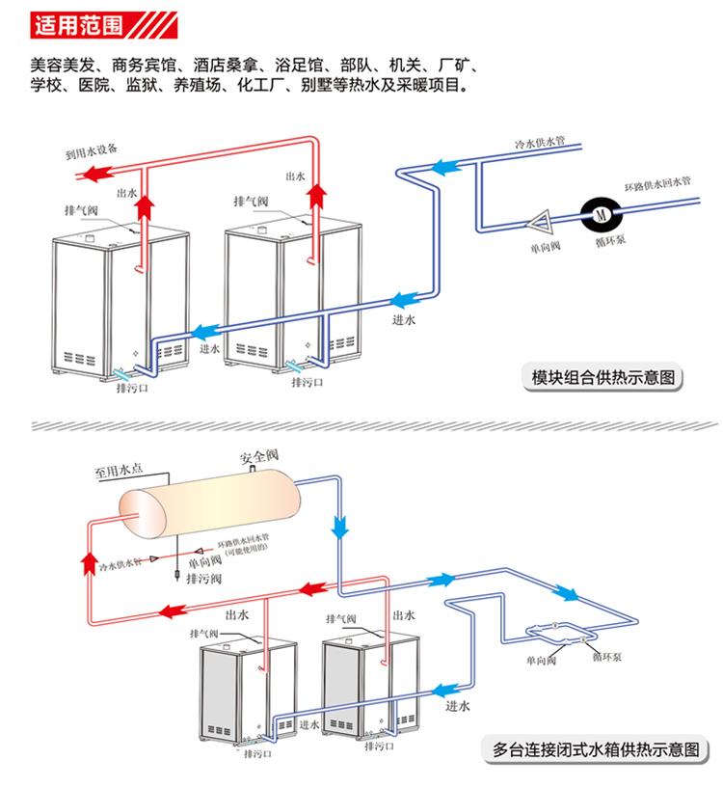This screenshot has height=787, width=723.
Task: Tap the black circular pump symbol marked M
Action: click(598, 211)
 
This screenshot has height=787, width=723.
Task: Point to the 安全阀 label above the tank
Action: click(258, 455)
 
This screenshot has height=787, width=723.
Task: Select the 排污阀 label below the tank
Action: click(203, 578)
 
